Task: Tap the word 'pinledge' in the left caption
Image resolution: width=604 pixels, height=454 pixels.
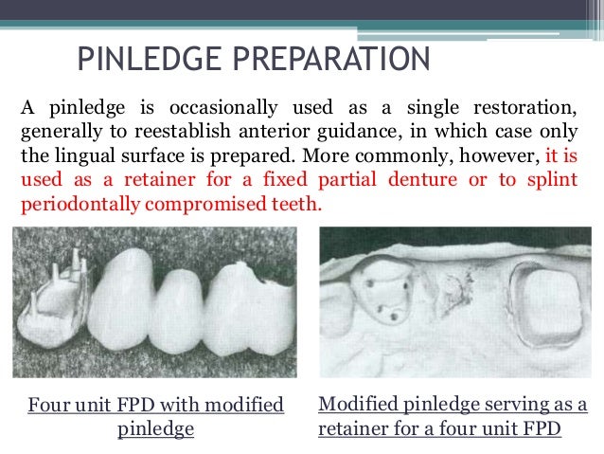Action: pos(155,428)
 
